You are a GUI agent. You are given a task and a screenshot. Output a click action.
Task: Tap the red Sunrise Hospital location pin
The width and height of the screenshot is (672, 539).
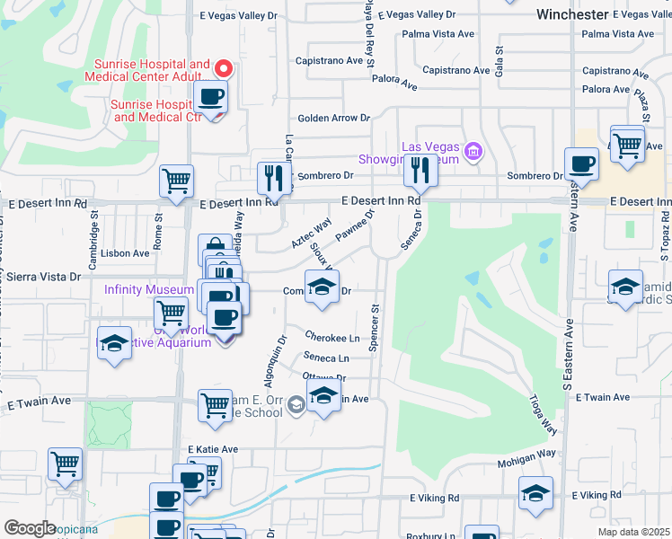coord(224,68)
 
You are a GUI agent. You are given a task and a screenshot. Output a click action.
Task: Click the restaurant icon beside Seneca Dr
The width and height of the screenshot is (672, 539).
coord(420,168)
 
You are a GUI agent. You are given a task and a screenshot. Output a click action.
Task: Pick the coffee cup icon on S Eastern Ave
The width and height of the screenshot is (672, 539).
coord(582,164)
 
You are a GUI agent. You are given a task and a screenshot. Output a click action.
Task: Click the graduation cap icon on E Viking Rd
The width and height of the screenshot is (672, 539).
coord(536,493)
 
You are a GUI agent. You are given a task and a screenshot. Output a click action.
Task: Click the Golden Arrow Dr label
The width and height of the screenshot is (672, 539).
coord(334,118)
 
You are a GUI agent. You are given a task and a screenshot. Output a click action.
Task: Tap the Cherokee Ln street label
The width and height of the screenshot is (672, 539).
coord(332,337)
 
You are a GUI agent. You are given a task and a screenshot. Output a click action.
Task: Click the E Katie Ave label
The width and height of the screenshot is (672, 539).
coord(213,449)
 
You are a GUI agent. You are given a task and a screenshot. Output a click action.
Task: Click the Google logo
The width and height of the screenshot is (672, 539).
coord(31,528)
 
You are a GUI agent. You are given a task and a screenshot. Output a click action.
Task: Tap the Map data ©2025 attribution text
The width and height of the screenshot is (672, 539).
coord(633,532)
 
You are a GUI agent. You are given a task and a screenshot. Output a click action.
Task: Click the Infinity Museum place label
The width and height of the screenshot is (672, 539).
coord(149,289)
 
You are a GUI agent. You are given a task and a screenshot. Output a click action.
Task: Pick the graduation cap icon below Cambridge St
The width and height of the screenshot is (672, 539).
coord(114,346)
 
